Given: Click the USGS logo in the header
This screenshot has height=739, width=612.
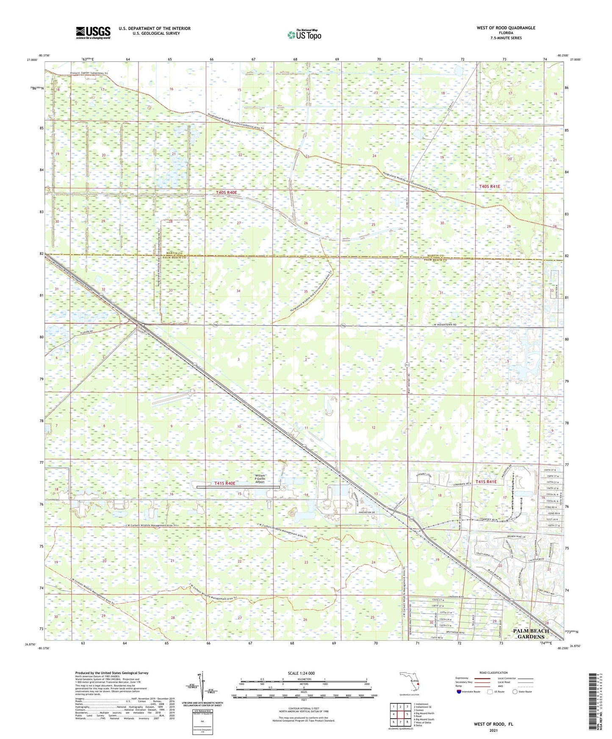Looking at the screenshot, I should tap(93, 33).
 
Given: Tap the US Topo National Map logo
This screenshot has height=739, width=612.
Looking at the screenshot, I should tap(304, 34).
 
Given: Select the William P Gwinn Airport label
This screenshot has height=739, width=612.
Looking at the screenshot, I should tap(260, 479).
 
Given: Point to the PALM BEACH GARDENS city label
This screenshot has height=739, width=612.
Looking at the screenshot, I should tap(531, 634).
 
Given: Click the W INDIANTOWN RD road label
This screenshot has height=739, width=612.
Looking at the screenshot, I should tap(441, 325).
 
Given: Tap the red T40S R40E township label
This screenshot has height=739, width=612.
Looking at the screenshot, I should tap(227, 193).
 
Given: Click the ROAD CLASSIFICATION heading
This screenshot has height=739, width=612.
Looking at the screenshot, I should tap(493, 673).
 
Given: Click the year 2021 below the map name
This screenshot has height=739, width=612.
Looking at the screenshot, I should tap(493, 730).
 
